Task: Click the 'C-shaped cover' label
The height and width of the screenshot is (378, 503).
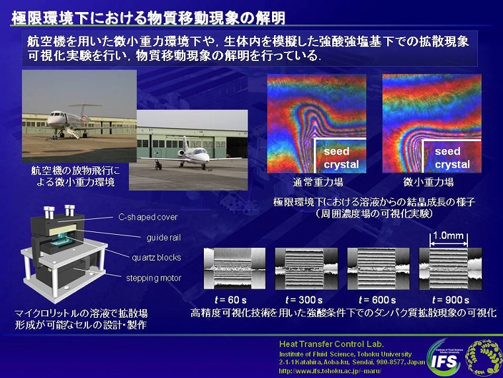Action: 148,218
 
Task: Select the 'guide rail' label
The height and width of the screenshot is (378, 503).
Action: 163,238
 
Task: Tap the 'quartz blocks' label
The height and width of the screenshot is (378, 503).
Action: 157,257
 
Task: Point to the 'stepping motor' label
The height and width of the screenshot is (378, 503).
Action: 154,278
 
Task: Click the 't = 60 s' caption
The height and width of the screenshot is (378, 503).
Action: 230,300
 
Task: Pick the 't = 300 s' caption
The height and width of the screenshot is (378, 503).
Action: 304,300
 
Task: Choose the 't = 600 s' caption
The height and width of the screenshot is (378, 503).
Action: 377,300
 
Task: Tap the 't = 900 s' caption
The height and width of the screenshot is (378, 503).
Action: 451,300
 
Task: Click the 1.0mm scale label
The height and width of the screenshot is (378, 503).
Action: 448,235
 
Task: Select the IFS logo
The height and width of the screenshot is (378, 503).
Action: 444,359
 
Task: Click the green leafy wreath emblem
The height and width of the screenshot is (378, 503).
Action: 482,357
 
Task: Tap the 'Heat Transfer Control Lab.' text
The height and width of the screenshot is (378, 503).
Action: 332,344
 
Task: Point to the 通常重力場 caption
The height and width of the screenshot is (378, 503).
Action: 318,182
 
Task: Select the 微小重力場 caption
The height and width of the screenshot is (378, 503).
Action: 428,182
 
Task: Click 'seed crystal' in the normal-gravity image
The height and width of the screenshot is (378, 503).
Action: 341,158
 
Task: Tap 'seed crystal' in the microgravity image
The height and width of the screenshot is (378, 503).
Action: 452,158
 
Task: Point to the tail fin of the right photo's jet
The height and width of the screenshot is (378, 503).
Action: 185,142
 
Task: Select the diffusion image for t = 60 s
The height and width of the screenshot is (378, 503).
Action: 234,269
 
